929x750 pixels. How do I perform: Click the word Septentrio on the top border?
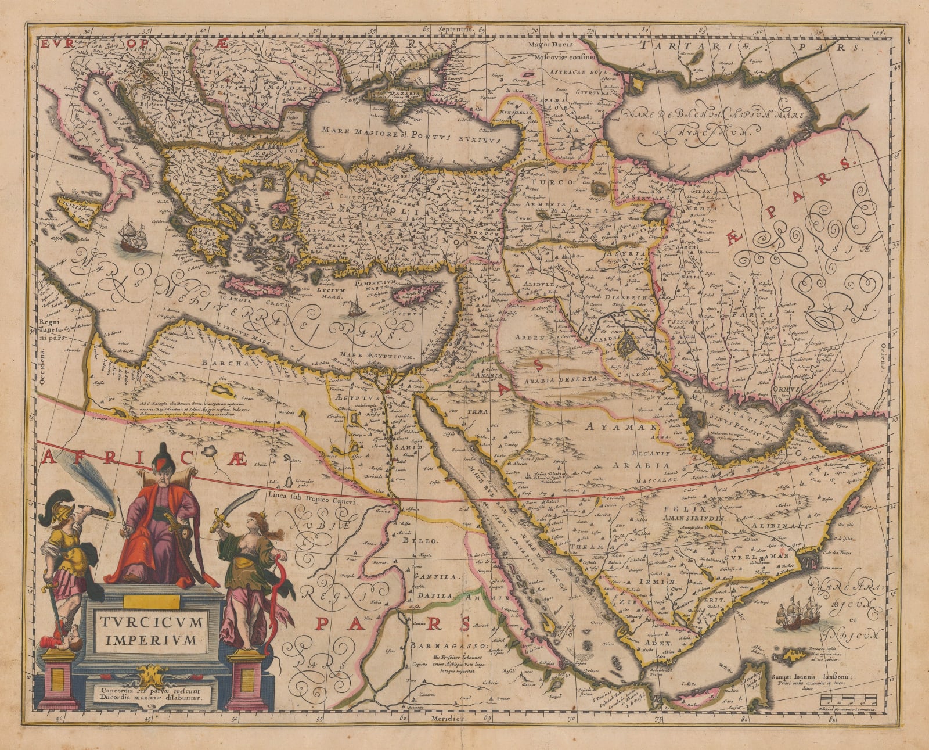coord(457,28)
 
